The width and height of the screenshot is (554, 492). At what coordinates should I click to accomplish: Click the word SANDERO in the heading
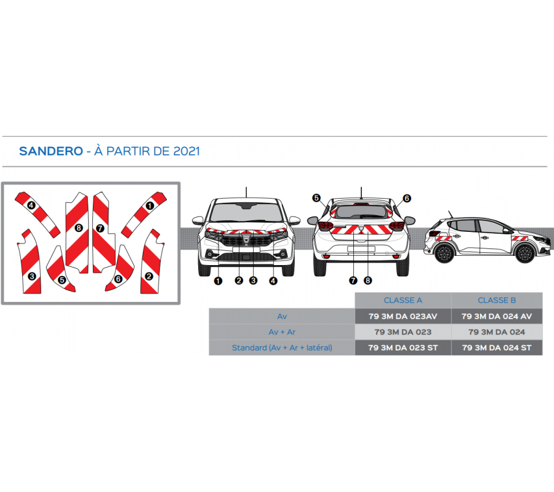(x=50, y=151)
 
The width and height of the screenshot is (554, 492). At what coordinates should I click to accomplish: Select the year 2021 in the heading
(x=187, y=151)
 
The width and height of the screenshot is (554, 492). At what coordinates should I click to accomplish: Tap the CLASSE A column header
(x=403, y=301)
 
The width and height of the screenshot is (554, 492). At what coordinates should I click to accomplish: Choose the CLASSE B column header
(x=497, y=301)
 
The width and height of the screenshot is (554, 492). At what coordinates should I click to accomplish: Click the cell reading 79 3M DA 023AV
(x=403, y=316)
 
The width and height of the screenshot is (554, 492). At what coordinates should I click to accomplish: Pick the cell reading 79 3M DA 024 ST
(x=497, y=347)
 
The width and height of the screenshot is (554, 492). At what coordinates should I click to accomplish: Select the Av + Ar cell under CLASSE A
(x=403, y=332)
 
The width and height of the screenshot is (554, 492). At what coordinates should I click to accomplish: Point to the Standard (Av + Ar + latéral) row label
(x=282, y=347)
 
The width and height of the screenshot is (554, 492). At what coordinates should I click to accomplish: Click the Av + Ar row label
(x=282, y=332)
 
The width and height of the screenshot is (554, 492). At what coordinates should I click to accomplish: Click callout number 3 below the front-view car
(x=253, y=280)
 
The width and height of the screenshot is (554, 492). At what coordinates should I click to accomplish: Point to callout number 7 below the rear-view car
(x=353, y=280)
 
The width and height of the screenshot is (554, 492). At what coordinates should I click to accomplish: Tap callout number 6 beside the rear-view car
(x=406, y=198)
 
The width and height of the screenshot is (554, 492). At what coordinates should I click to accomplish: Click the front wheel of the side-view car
(x=524, y=252)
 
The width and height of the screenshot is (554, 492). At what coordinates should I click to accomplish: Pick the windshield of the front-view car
(x=246, y=213)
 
